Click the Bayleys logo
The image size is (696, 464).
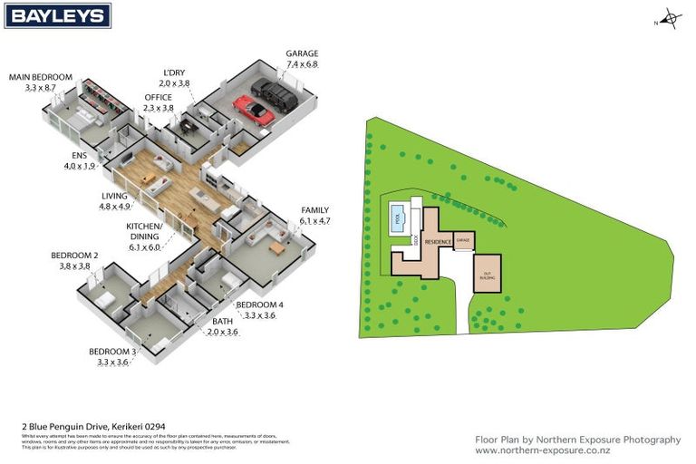[x=57, y=16]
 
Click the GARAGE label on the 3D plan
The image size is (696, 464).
[x=302, y=53]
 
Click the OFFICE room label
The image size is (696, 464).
[x=158, y=97]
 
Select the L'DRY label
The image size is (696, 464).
[x=177, y=72]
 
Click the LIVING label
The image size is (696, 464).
[x=115, y=196]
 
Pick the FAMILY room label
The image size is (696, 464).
[x=314, y=209]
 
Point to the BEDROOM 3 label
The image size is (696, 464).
[x=112, y=352]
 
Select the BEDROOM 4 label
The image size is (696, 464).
[x=260, y=304]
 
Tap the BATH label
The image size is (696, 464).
[x=222, y=322]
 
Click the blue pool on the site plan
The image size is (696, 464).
[x=397, y=217]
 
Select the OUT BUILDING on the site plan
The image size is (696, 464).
[x=486, y=273]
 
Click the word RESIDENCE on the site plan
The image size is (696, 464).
[x=439, y=242]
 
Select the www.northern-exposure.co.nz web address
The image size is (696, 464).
[x=542, y=450]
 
